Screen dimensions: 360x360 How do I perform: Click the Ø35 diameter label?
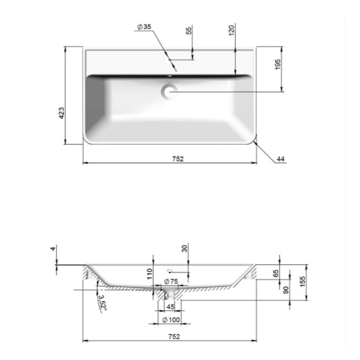[144, 27]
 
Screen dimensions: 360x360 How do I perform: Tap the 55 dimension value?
[189, 31]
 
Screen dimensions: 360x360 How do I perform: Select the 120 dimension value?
[232, 30]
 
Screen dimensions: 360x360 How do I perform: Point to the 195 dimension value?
[277, 64]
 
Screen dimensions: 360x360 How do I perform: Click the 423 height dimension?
[62, 113]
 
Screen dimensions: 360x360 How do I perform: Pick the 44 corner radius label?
[280, 159]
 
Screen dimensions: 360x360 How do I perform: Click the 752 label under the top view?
[178, 159]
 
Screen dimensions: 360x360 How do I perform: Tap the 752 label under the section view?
[174, 337]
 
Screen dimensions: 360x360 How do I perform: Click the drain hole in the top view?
[170, 91]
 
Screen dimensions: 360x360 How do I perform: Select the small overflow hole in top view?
[170, 75]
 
